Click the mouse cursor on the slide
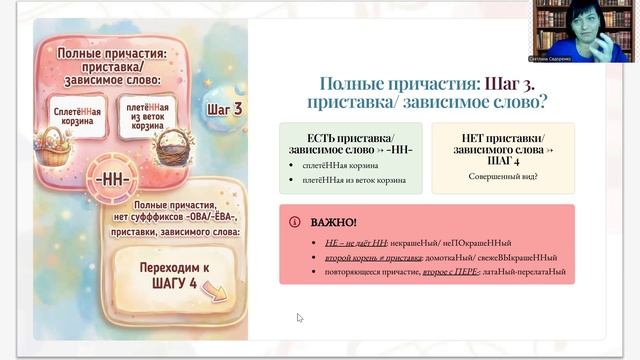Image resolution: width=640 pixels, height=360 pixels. pyautogui.click(x=299, y=318)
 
